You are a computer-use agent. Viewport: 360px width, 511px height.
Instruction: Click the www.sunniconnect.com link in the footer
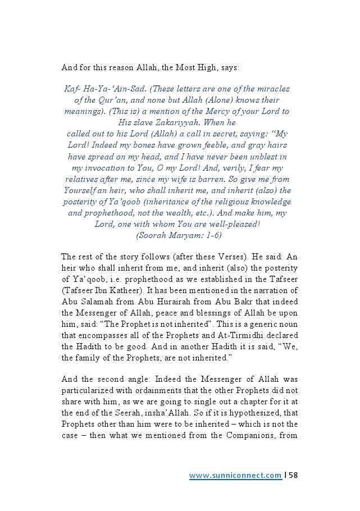click(x=235, y=475)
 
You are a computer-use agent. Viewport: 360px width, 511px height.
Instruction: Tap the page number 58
click(x=293, y=475)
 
